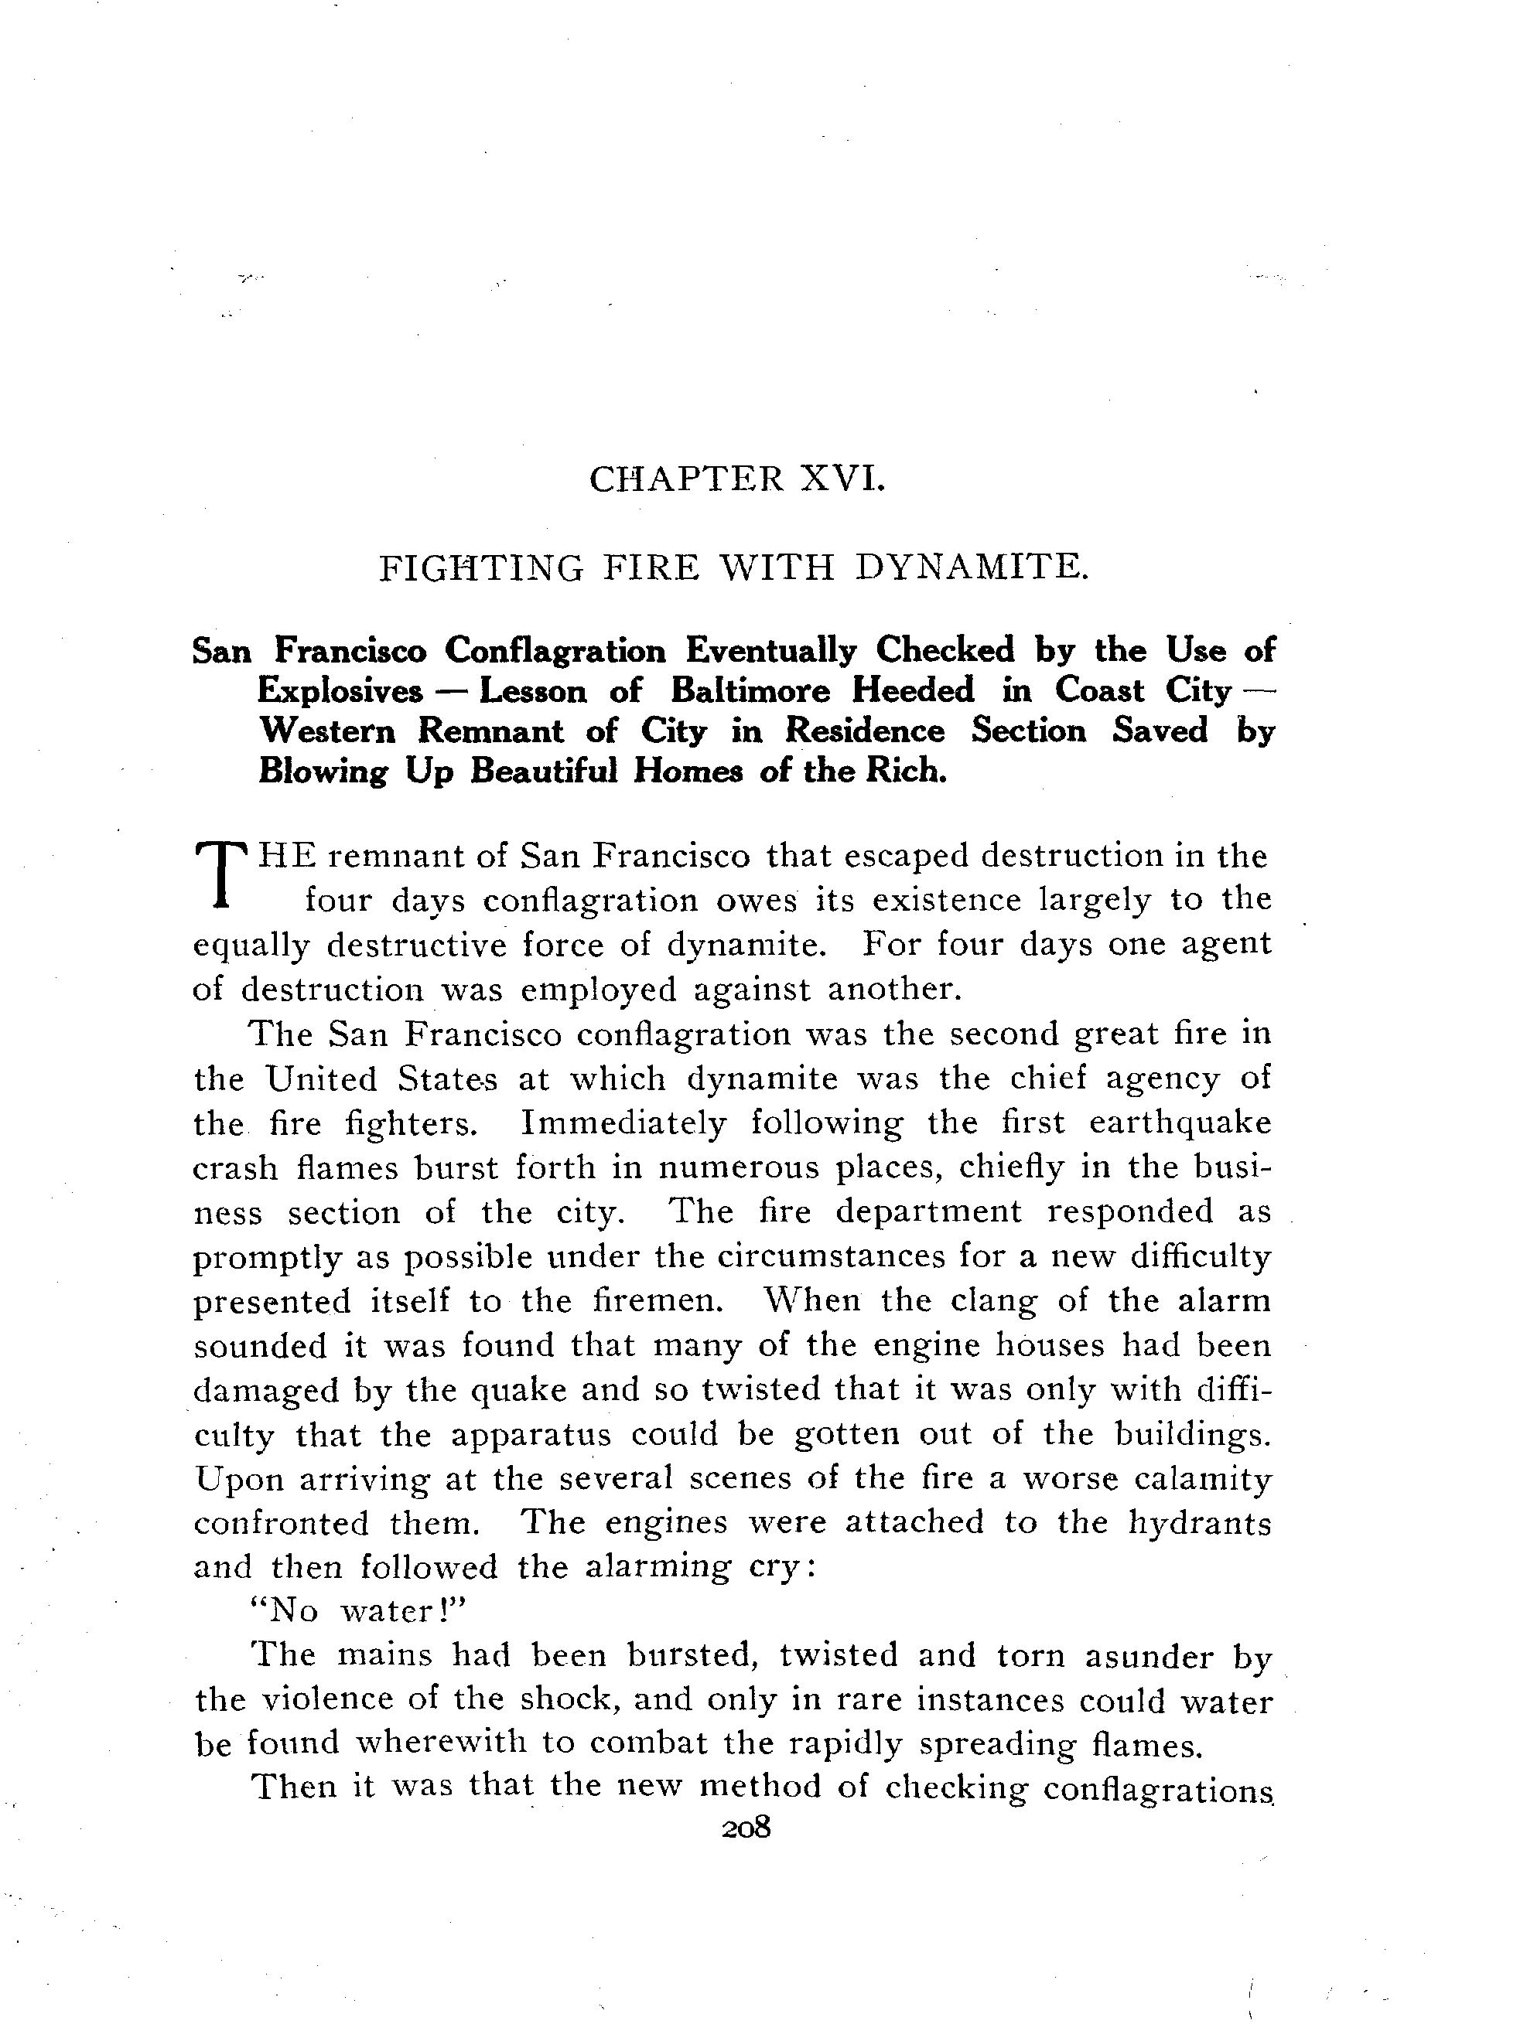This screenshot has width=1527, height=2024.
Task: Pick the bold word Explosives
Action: (340, 691)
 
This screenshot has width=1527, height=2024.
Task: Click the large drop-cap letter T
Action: (223, 873)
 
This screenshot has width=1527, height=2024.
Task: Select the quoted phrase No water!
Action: (359, 1610)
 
